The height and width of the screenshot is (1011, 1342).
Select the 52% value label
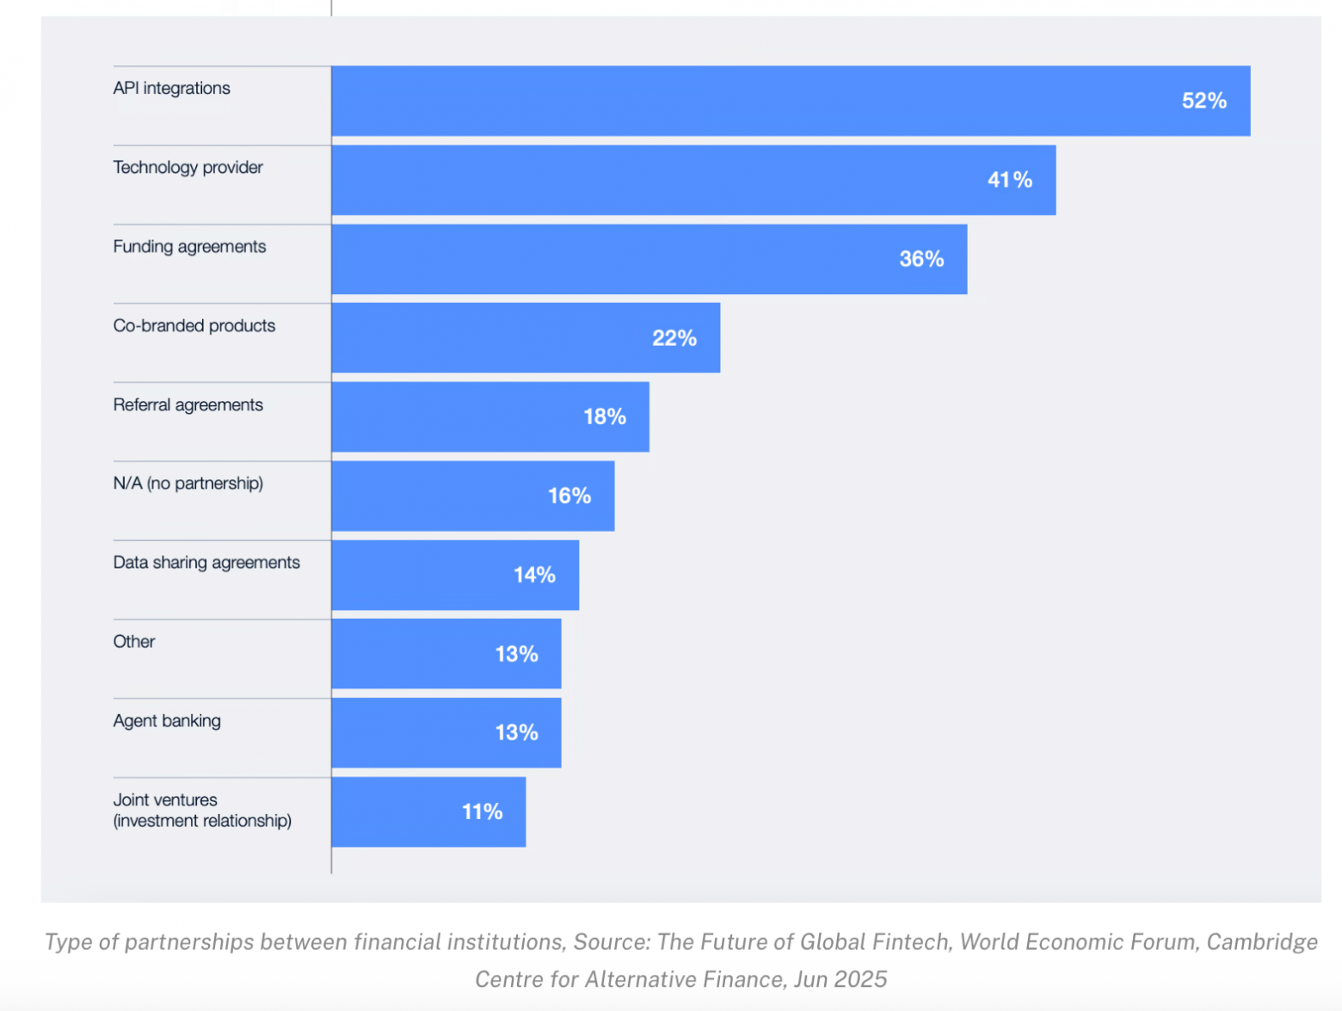(1203, 101)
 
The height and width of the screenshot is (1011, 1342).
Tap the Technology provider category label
(188, 167)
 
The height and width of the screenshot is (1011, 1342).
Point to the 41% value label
(1009, 180)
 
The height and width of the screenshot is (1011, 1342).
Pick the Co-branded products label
(194, 325)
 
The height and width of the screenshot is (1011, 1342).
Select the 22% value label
(674, 338)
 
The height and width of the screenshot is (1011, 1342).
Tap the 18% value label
(604, 417)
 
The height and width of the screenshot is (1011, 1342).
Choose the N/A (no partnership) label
(188, 484)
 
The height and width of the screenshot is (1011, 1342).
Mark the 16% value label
(569, 496)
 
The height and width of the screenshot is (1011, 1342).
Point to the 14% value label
(534, 575)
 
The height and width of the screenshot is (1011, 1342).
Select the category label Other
(134, 642)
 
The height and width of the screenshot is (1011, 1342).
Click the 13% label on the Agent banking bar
(516, 733)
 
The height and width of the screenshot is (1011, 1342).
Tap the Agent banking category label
(167, 721)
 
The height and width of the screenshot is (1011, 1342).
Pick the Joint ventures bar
(396, 812)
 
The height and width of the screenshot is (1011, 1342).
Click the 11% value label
(482, 812)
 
